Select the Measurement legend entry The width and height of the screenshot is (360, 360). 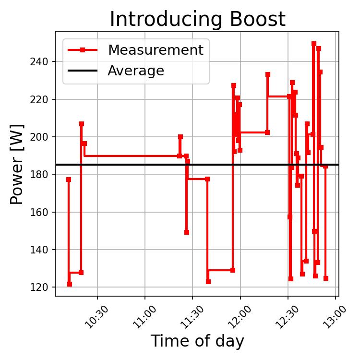coord(155,50)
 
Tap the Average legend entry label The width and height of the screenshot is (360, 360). coord(136,71)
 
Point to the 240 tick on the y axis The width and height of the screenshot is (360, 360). coord(44,62)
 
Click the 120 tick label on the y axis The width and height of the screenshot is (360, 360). coord(44,288)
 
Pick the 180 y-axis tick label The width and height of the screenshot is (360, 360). coord(44,175)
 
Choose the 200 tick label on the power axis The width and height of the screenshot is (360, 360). coord(44,137)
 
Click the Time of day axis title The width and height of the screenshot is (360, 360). coord(197,341)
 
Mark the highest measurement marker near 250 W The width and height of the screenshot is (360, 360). coord(314,44)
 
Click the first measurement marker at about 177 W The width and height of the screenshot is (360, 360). coord(69,180)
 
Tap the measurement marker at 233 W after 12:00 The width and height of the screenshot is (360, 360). coord(268,74)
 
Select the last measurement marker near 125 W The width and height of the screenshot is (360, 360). coord(326,278)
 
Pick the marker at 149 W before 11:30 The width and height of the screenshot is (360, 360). coord(187,232)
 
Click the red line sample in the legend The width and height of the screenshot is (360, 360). coord(83,50)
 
